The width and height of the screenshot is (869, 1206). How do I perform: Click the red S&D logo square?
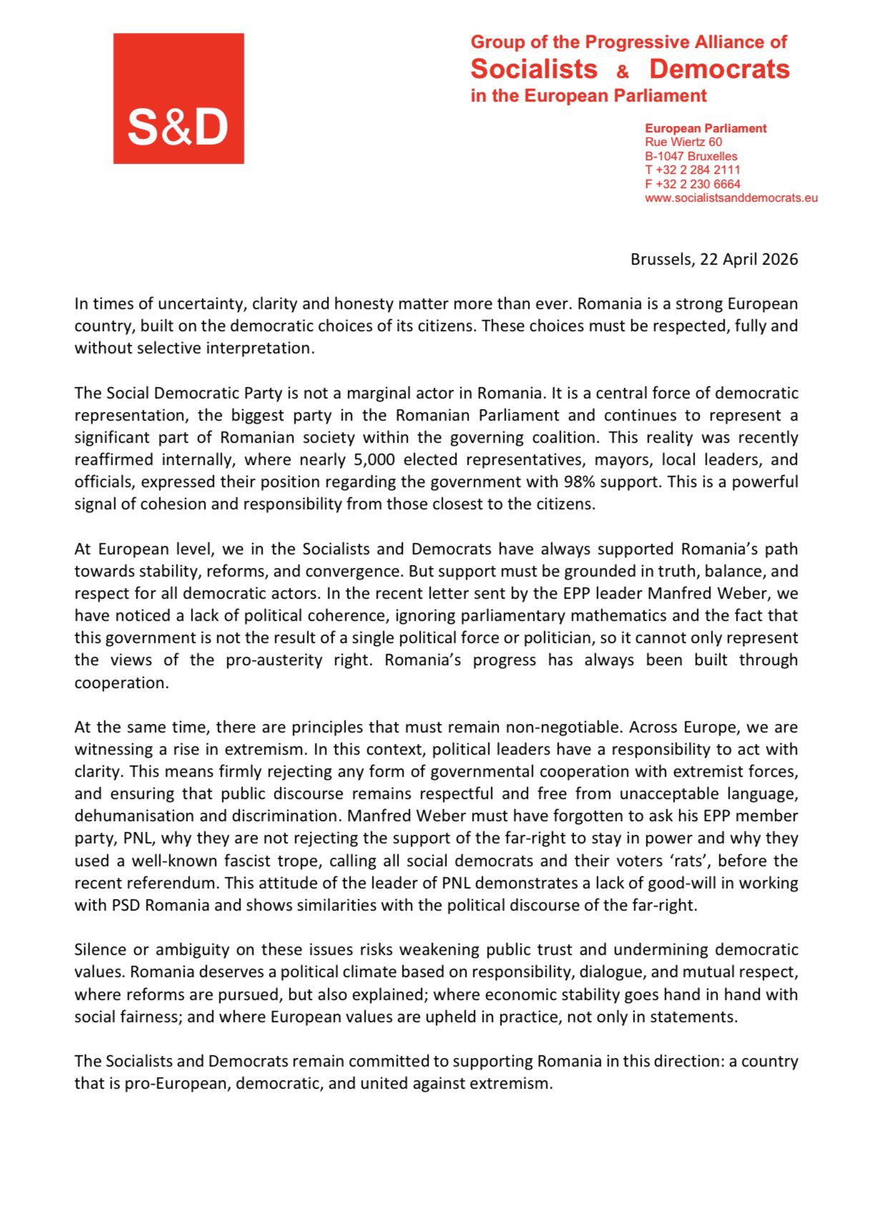tap(178, 99)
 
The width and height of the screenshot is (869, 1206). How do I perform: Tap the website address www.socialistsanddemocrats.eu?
tap(731, 198)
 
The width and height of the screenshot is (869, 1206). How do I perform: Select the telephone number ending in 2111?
tap(692, 170)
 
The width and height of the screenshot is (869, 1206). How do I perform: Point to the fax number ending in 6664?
tap(692, 184)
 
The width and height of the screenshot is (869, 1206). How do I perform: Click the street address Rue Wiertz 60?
tap(683, 142)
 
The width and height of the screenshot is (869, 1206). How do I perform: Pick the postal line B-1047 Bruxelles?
tap(690, 156)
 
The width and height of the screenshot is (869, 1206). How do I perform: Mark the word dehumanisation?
tap(134, 816)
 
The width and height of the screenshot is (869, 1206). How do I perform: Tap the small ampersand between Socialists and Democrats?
tap(622, 72)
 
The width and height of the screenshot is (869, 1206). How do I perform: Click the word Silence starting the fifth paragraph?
tap(101, 950)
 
